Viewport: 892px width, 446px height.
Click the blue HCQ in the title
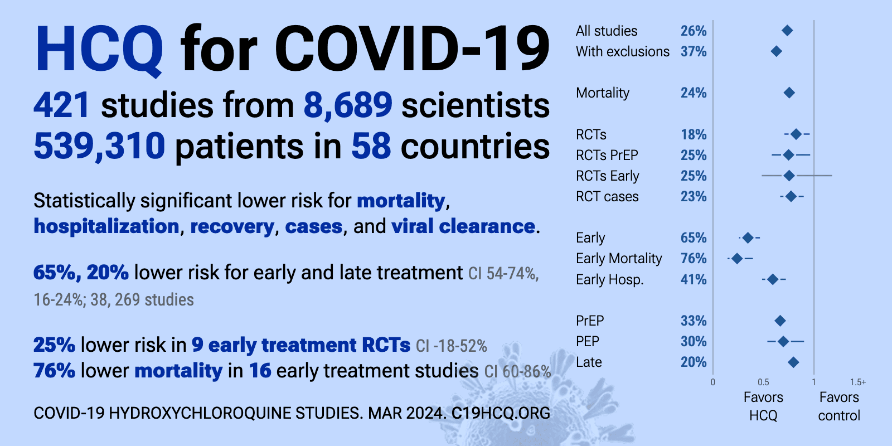pos(99,49)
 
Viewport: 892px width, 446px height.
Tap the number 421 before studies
pos(62,105)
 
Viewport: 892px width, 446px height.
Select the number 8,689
pos(348,106)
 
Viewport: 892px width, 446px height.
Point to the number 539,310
pos(99,146)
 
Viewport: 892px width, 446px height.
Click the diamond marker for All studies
pos(787,31)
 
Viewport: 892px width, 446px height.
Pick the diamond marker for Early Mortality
pos(737,259)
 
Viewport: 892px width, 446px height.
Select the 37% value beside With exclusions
pos(694,51)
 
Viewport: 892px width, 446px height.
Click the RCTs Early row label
pos(607,176)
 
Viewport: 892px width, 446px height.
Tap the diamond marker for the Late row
pos(793,362)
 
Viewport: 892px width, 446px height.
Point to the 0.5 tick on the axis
pos(763,382)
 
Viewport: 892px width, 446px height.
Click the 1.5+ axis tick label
pos(858,382)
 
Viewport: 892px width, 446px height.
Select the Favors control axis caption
pos(839,406)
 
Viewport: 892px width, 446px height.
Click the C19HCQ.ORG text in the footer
pos(501,413)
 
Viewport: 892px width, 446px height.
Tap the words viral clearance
pos(463,226)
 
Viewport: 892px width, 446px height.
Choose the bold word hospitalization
pos(106,227)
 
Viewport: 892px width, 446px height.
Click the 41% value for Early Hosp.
pos(694,279)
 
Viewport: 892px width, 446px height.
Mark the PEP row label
pos(588,341)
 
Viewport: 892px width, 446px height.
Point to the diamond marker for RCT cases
pos(791,196)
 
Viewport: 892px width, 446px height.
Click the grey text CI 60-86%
pos(518,371)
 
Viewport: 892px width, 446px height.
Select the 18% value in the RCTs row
pos(694,134)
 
